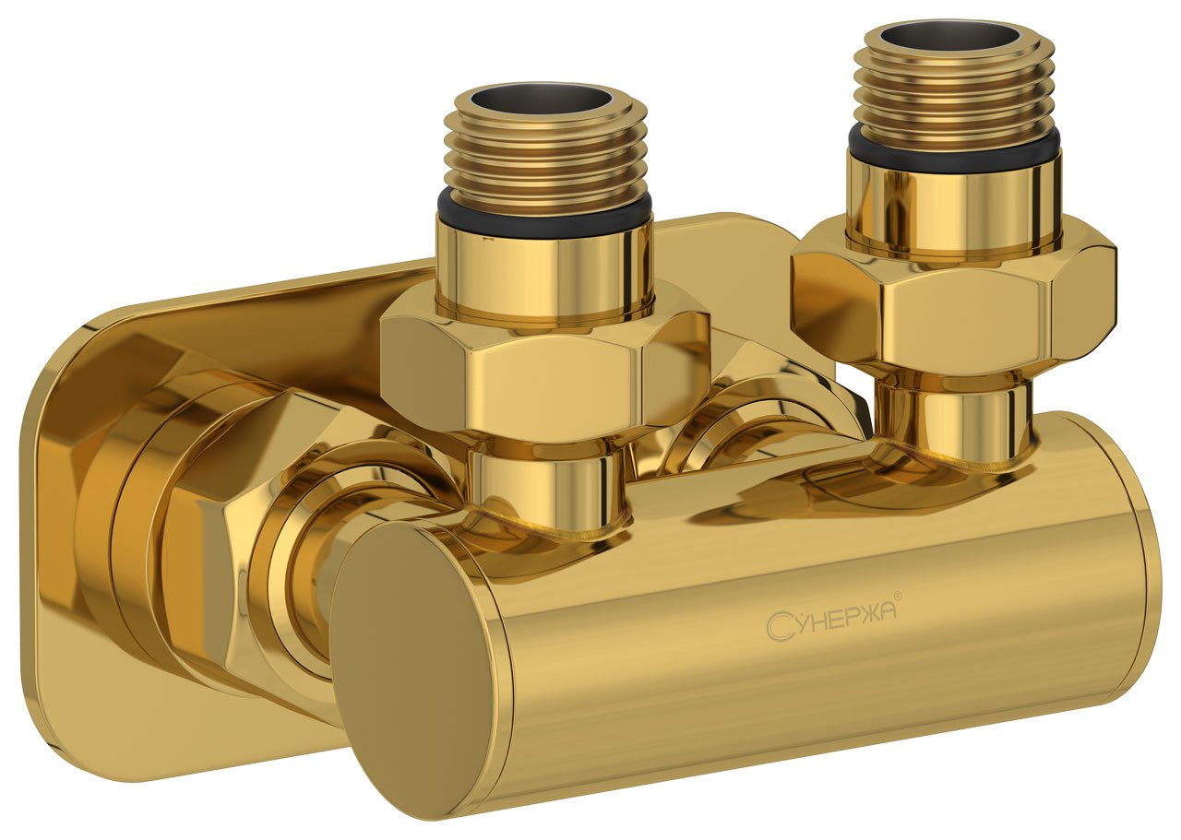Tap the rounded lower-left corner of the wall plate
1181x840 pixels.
tap(55, 710)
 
